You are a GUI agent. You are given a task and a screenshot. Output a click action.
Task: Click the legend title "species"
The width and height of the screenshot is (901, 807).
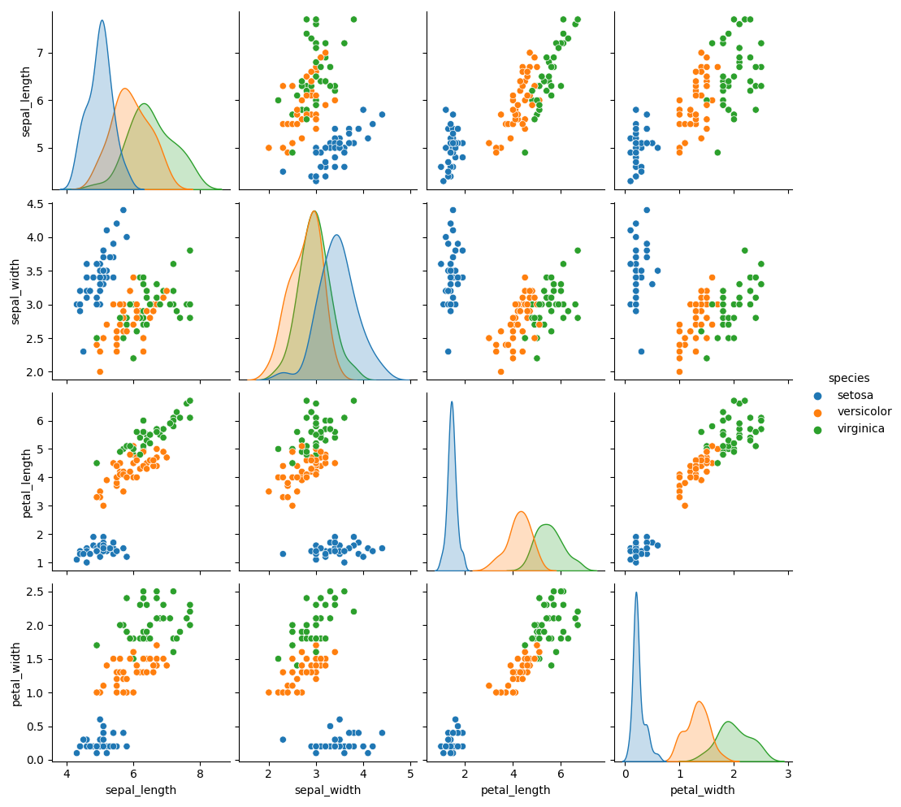(x=849, y=378)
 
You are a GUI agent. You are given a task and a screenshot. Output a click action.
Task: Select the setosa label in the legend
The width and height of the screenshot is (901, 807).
(x=855, y=396)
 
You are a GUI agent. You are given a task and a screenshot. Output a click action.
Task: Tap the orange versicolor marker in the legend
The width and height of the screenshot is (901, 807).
(x=818, y=412)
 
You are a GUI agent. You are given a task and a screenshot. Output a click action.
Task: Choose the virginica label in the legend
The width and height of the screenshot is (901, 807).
(x=860, y=429)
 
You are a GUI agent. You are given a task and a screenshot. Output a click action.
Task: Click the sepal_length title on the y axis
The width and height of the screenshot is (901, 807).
(x=25, y=102)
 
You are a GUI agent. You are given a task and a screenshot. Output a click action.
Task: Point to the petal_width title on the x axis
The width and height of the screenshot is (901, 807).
(x=702, y=790)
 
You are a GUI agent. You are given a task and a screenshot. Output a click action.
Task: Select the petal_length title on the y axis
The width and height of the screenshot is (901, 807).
(x=27, y=484)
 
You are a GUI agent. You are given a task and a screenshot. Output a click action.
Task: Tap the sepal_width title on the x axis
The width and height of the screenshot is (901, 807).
(x=327, y=790)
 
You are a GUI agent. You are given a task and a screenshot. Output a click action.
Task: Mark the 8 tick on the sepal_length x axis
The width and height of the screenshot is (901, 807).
(x=200, y=774)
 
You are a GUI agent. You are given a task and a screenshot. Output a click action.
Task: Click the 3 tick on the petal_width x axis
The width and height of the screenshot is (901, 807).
(x=788, y=774)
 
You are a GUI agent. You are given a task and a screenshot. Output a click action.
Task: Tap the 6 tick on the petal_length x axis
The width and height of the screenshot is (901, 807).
(x=561, y=774)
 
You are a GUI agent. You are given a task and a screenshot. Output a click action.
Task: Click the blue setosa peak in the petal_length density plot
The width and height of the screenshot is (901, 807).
(x=452, y=401)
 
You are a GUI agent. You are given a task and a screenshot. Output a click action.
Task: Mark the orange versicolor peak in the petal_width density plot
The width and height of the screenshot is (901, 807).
(x=699, y=702)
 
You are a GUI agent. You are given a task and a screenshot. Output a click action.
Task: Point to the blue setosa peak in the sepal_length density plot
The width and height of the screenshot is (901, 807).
(x=102, y=20)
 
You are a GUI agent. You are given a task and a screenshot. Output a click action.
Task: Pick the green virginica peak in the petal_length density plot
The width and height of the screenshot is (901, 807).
(x=547, y=525)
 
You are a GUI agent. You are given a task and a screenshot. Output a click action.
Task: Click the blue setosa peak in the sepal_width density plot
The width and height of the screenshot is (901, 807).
(x=336, y=235)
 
